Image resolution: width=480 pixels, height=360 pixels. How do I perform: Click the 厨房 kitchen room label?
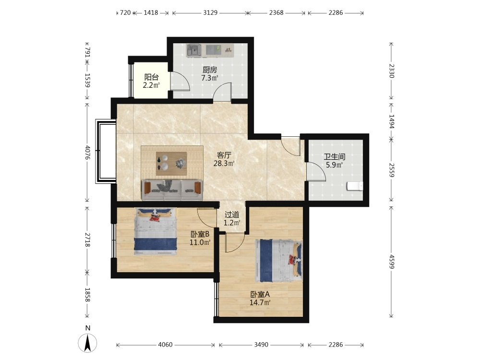[210, 70]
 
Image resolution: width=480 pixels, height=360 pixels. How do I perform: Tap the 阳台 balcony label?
[152, 77]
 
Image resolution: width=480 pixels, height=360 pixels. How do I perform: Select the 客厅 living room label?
[224, 155]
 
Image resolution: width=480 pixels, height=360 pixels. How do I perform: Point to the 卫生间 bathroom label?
[335, 157]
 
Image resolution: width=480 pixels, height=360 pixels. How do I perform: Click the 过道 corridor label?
[232, 215]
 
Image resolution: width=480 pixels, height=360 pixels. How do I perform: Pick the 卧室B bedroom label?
[200, 235]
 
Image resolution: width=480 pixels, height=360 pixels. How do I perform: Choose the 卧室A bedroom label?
[260, 295]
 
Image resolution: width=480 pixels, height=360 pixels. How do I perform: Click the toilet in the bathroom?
[355, 186]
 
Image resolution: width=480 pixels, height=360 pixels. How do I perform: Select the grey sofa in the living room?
[172, 190]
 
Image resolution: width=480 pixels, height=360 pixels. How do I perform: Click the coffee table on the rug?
[171, 164]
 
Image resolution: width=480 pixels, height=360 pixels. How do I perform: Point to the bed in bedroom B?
[156, 231]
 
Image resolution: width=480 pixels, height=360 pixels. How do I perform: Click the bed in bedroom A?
[278, 261]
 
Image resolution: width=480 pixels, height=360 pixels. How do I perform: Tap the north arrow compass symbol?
[87, 343]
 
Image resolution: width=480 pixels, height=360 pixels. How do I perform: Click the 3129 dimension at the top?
[210, 13]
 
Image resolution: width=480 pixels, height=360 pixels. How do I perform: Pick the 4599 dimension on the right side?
[392, 262]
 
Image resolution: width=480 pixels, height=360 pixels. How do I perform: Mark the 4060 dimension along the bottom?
[165, 345]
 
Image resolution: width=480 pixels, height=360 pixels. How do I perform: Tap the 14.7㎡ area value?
[260, 303]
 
